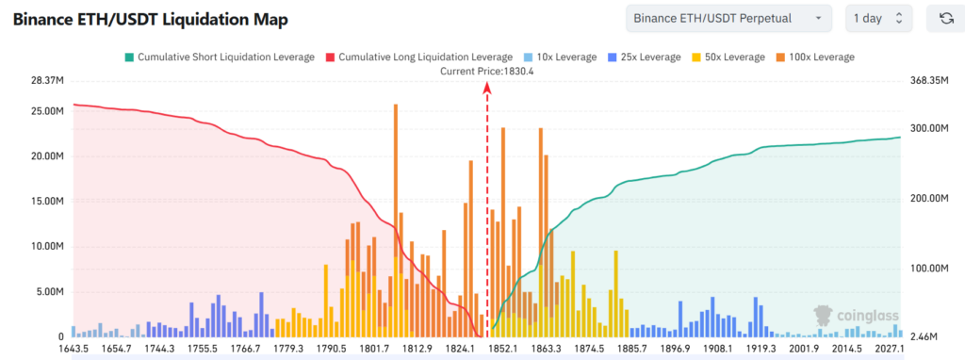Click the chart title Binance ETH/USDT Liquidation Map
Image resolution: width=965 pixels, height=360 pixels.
[x=150, y=20]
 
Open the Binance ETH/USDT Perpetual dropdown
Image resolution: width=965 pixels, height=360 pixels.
[x=728, y=18]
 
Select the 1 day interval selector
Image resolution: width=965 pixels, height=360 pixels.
[x=878, y=18]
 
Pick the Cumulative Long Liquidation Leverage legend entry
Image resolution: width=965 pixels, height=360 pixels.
[x=417, y=57]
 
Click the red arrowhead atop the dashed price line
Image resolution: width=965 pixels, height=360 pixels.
[x=487, y=87]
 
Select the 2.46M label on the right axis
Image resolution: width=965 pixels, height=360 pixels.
[x=925, y=336]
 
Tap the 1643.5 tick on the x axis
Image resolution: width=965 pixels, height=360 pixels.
[x=74, y=350]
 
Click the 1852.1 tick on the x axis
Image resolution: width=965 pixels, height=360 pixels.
[x=503, y=350]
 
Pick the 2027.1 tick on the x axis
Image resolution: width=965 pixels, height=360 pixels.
[x=889, y=350]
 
